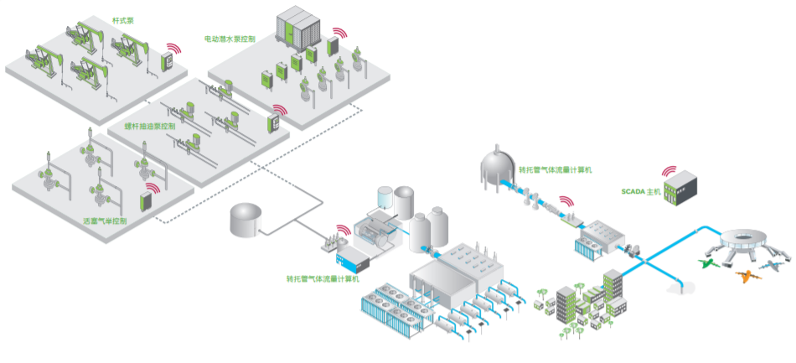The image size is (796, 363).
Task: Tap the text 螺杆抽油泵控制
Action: (150, 127)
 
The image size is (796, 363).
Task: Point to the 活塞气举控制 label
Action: (105, 221)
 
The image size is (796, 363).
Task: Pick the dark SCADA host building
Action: (680, 189)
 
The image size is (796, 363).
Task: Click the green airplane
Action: (707, 263)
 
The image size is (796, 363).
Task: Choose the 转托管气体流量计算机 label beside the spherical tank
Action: (556, 169)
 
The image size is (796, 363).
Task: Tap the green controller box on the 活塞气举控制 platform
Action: (145, 201)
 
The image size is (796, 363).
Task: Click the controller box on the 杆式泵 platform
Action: (167, 61)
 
